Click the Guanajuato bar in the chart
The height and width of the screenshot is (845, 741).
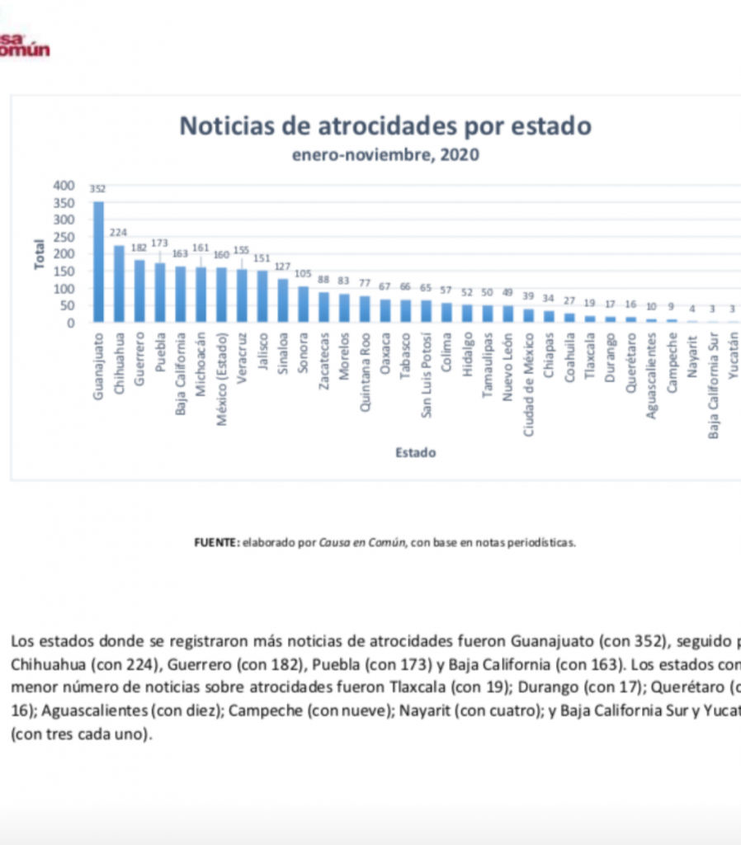[x=98, y=262]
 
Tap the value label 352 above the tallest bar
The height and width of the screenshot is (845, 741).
[x=98, y=189]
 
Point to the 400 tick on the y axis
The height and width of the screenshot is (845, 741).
[x=64, y=186]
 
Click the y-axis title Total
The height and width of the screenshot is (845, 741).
[x=39, y=254]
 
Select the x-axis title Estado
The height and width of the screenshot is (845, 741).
[x=415, y=452]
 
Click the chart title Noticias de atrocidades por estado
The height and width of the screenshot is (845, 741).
[x=385, y=126]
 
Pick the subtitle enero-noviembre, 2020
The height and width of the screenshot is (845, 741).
[x=385, y=154]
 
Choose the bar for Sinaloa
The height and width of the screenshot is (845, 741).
[x=283, y=300]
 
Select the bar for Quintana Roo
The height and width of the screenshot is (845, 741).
[x=365, y=309]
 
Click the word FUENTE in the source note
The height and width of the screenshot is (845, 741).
[x=217, y=543]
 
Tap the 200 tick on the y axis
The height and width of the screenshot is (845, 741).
[x=64, y=254]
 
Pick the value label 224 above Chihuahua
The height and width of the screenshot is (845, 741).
[x=119, y=233]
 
